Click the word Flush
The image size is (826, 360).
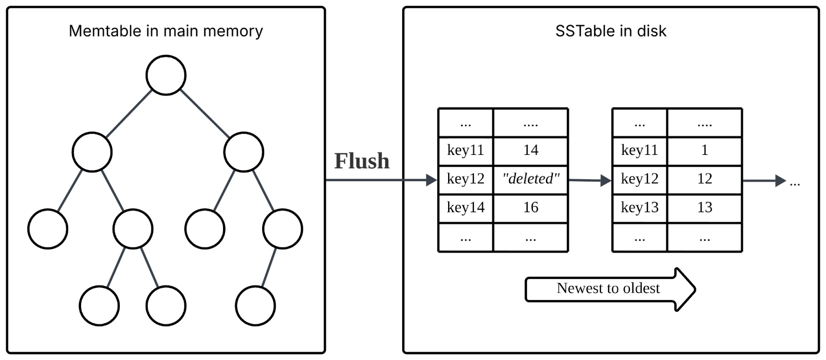(x=361, y=161)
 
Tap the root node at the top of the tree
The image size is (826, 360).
(x=166, y=75)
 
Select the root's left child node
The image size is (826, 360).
(x=92, y=152)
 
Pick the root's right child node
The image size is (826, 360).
(x=244, y=152)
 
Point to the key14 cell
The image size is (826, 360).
(x=466, y=208)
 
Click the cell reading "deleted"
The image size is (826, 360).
(x=530, y=179)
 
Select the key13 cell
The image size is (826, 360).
(x=640, y=208)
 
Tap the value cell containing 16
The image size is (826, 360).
(x=530, y=208)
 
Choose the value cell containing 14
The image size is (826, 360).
(x=530, y=151)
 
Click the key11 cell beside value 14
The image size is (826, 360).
(x=466, y=151)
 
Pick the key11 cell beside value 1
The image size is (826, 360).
(x=640, y=151)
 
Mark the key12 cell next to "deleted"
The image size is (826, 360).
(x=466, y=179)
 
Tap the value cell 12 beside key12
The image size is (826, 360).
(x=704, y=179)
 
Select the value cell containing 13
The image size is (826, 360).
(x=704, y=208)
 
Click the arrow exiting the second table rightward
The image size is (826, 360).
(x=764, y=181)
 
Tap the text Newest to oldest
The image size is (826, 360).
(x=608, y=288)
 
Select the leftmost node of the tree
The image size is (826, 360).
(x=48, y=229)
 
